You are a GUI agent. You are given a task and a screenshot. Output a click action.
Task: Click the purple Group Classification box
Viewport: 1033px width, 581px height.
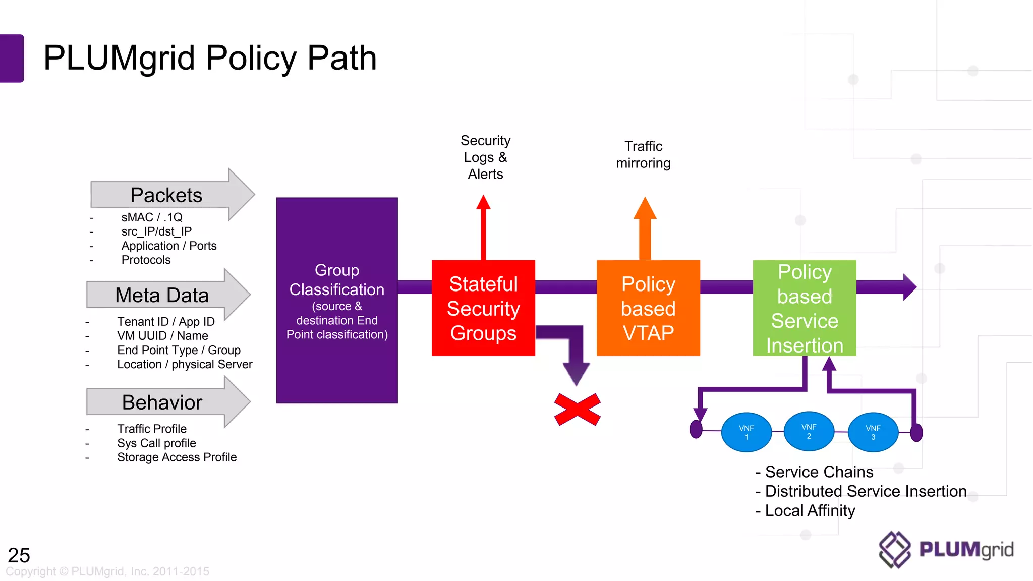[x=337, y=301]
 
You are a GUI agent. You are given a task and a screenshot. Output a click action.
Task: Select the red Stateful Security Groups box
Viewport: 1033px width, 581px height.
[x=483, y=308]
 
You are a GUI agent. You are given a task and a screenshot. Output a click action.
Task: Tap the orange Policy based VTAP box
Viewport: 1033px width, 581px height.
[x=648, y=308]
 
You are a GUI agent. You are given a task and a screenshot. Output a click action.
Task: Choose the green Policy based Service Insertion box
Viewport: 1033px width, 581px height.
[x=805, y=308]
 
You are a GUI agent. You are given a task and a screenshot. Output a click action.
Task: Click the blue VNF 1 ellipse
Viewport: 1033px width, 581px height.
[x=747, y=432]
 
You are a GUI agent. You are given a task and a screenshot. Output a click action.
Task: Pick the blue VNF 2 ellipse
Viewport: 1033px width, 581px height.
[x=809, y=431]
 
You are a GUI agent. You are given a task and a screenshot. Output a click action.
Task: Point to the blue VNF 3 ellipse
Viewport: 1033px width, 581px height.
[x=873, y=432]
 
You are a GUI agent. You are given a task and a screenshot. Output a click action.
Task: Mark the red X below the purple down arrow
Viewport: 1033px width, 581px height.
[x=577, y=409]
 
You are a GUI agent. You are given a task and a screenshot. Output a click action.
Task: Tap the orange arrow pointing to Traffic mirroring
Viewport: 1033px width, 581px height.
[x=645, y=227]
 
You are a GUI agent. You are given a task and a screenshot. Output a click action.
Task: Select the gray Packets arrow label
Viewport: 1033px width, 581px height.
[x=166, y=195]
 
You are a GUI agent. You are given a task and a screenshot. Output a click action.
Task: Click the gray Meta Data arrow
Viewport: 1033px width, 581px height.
[x=162, y=295]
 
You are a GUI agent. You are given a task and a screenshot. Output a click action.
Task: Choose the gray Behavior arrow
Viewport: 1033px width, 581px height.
[x=162, y=402]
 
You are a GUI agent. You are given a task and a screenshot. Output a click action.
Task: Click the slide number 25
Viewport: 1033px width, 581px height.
[x=19, y=555]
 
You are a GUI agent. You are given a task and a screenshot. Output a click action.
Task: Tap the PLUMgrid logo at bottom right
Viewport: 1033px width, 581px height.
[x=946, y=550]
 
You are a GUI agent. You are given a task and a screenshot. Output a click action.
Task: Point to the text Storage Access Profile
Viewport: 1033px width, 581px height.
[x=177, y=457]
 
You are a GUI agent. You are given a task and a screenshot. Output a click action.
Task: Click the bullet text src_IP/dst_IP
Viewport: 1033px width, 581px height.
[x=156, y=231]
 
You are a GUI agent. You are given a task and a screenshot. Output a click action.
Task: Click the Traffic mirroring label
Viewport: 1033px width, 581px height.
[x=643, y=155]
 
